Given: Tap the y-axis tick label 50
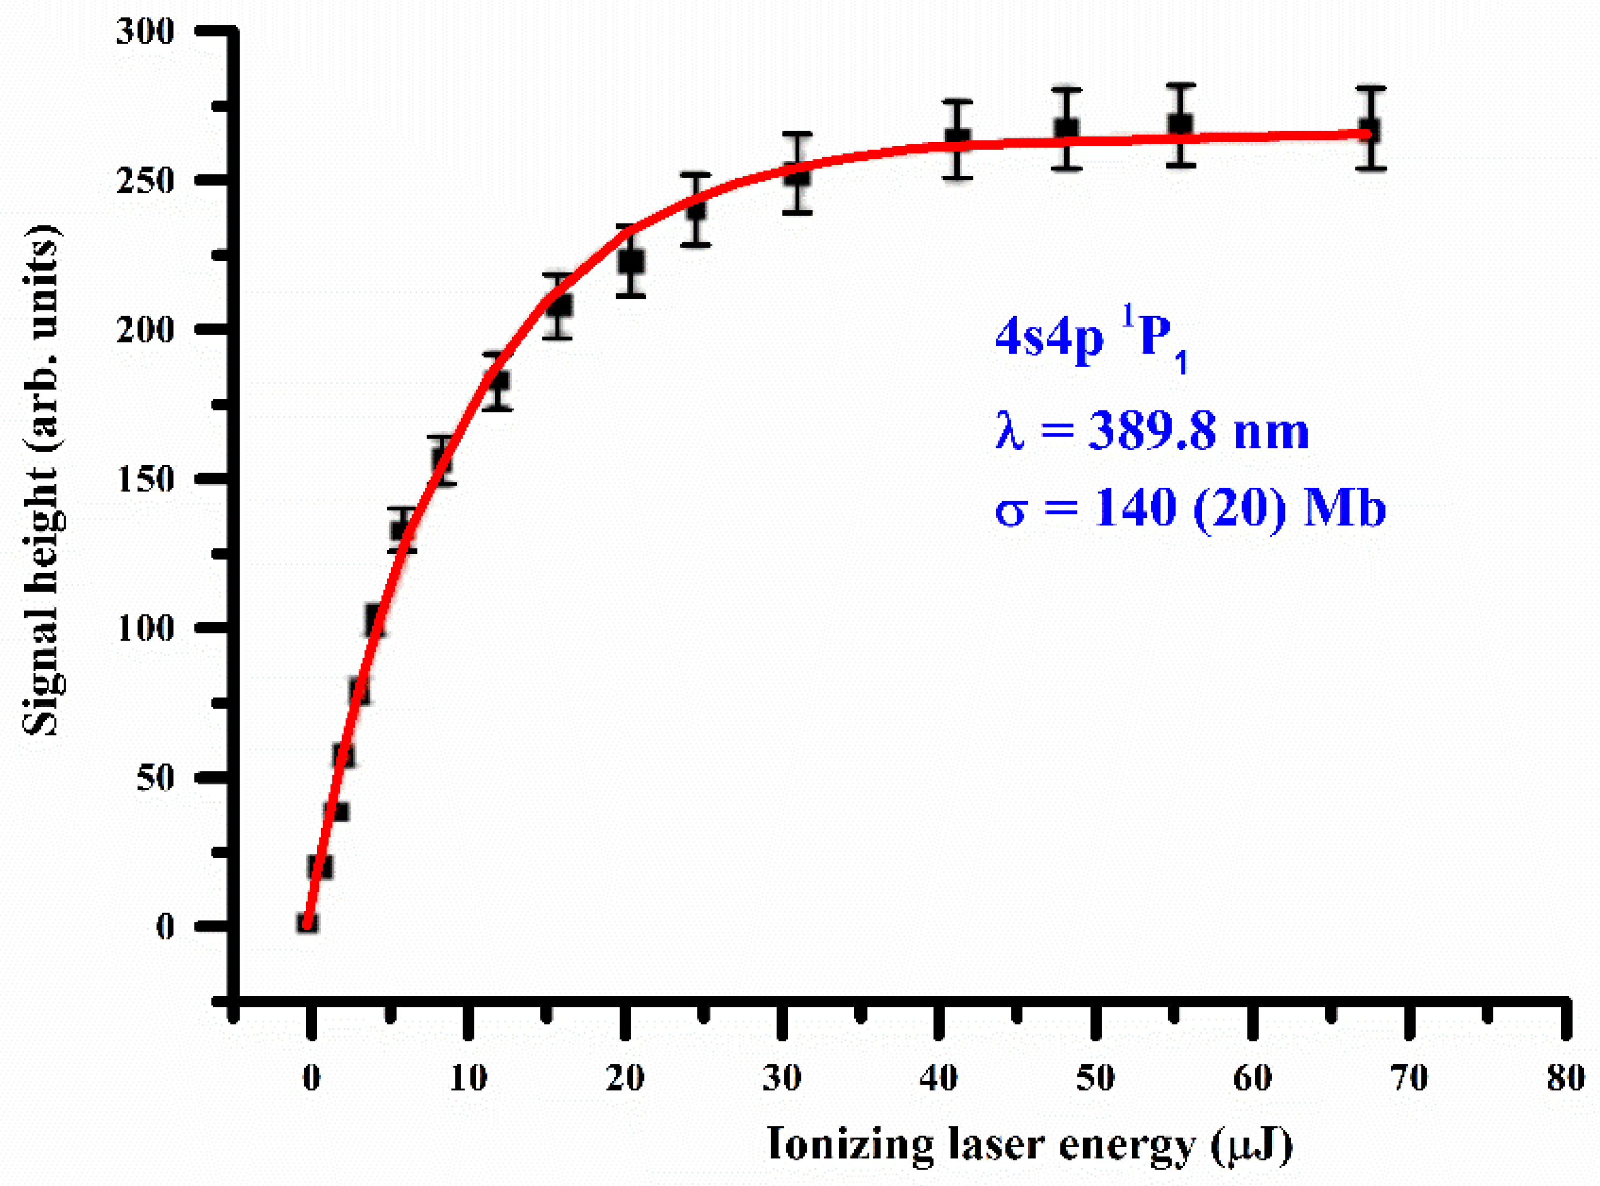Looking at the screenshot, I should (155, 777).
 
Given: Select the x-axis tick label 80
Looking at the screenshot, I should (1566, 1078).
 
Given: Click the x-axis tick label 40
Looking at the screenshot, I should (939, 1078).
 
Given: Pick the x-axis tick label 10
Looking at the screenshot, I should (468, 1078).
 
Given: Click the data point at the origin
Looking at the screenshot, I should (308, 923).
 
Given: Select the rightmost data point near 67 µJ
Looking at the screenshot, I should (1370, 131).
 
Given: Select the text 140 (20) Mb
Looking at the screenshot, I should (1239, 508).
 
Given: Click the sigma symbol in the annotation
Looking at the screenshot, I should (1010, 511).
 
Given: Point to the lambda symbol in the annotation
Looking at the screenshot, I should (1010, 433).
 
